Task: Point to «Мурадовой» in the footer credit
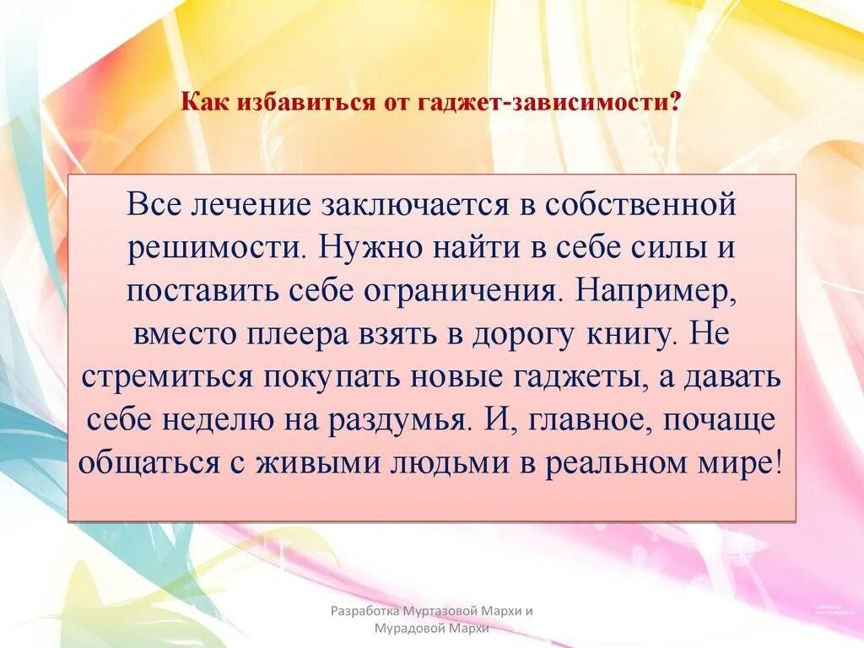tap(411, 629)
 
